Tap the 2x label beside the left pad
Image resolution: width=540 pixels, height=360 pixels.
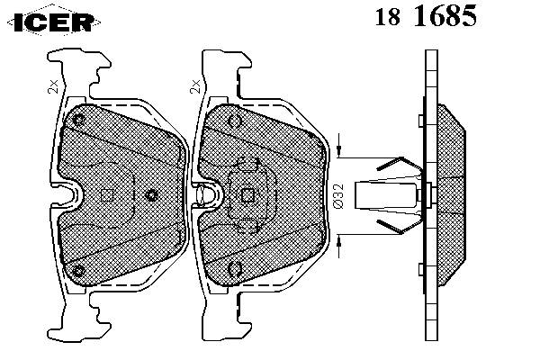point(53,86)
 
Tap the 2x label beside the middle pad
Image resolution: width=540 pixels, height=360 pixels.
point(193,86)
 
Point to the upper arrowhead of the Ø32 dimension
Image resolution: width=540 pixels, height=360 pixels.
point(340,149)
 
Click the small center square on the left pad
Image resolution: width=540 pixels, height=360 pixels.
point(105,195)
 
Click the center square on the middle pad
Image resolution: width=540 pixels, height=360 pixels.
point(246,193)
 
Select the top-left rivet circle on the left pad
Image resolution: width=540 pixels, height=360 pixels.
point(79,120)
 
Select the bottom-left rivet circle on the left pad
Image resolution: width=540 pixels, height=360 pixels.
point(79,270)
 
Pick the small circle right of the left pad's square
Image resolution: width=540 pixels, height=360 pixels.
point(152,195)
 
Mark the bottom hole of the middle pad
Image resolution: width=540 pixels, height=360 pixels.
point(234,267)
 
